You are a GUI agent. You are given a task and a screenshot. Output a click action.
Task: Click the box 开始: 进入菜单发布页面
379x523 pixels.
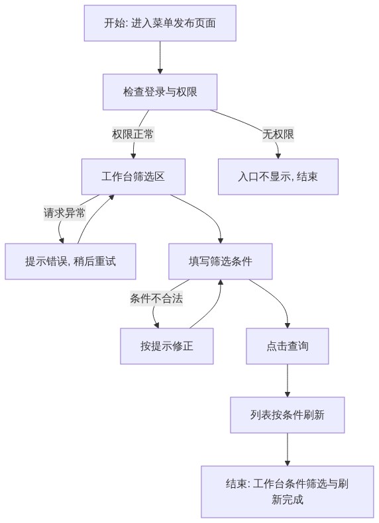[160, 23]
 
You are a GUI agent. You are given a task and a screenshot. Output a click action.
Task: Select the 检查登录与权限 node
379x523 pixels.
[160, 92]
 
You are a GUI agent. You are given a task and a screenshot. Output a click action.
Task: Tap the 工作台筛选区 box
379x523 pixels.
[133, 177]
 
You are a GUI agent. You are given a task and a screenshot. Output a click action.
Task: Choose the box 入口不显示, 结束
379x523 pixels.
[278, 177]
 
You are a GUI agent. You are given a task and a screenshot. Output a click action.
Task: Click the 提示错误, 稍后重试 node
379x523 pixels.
[70, 261]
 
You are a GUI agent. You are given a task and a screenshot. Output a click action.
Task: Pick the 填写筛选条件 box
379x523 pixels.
[221, 261]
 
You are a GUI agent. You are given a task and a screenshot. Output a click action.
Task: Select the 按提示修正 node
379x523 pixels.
[166, 346]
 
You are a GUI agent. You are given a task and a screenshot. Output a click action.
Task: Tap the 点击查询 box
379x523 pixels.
[288, 346]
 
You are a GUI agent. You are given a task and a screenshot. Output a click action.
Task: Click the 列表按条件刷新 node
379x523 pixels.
[288, 415]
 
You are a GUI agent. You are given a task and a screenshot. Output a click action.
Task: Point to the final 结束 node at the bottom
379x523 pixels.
[288, 492]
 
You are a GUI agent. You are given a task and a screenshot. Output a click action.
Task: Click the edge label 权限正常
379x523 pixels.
[133, 134]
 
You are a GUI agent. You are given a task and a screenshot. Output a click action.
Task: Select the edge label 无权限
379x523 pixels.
[278, 134]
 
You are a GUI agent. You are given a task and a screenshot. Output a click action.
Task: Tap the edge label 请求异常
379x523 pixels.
[64, 213]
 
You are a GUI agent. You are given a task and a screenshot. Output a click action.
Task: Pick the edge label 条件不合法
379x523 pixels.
[156, 298]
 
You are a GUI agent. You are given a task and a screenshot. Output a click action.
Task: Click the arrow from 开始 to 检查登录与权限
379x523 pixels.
[160, 58]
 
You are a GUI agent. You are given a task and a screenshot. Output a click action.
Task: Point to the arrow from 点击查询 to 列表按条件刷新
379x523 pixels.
[288, 381]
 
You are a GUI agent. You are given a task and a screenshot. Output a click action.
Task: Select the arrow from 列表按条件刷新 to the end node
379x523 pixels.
[288, 450]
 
